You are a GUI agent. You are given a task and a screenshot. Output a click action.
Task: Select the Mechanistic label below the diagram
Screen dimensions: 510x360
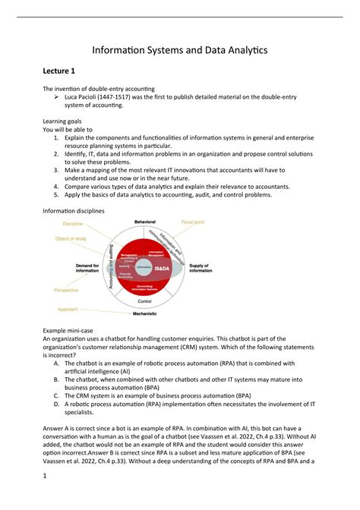pyautogui.click(x=145, y=313)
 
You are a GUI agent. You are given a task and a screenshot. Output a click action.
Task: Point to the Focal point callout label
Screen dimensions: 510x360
pyautogui.click(x=193, y=222)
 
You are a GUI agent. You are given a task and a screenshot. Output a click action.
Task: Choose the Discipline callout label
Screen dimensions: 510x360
pyautogui.click(x=73, y=224)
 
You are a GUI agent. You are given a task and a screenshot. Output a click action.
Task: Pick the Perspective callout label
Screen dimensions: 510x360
pyautogui.click(x=66, y=290)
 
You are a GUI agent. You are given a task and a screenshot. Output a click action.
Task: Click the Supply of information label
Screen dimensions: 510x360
pyautogui.click(x=201, y=268)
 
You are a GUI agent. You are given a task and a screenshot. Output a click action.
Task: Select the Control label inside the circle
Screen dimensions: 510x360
pyautogui.click(x=145, y=301)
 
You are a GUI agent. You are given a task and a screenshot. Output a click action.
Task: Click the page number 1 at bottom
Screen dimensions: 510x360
pyautogui.click(x=45, y=497)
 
